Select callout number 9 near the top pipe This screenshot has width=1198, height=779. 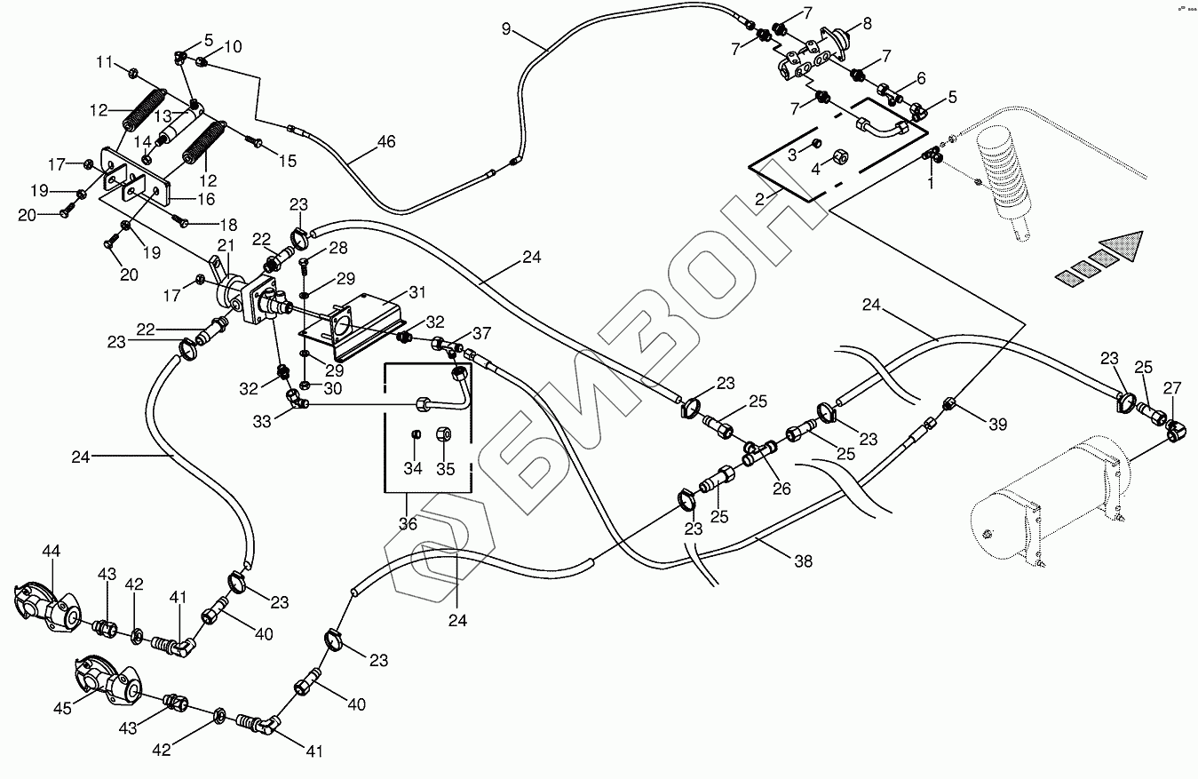click(x=506, y=29)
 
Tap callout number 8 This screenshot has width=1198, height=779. click(x=867, y=24)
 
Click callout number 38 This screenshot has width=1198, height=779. click(x=804, y=561)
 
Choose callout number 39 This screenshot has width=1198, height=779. click(x=998, y=425)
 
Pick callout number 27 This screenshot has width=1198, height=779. click(x=1173, y=387)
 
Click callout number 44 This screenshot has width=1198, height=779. click(x=51, y=552)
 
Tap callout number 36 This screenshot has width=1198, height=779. click(x=407, y=524)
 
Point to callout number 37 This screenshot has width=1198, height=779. click(x=481, y=333)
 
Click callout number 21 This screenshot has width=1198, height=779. click(x=226, y=245)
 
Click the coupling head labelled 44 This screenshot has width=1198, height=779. click(x=44, y=607)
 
